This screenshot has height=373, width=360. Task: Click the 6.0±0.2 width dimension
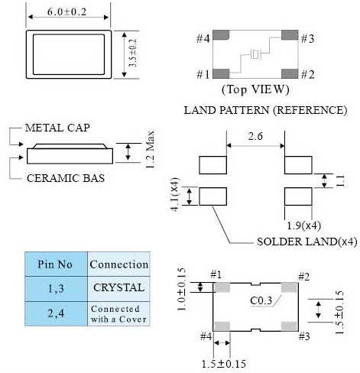click(67, 11)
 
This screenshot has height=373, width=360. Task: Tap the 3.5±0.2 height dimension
click(133, 53)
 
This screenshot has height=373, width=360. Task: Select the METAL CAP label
click(57, 128)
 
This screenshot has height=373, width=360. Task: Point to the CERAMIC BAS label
click(66, 178)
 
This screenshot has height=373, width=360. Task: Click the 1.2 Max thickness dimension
click(150, 149)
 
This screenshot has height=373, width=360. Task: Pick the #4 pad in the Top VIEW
click(221, 35)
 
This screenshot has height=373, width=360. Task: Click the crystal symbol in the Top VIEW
click(255, 54)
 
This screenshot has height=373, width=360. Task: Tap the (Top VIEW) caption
click(255, 89)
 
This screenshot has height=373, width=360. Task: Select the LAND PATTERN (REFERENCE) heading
click(265, 110)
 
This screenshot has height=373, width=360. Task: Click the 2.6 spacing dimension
click(255, 137)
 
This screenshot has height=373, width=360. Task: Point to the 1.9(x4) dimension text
click(303, 225)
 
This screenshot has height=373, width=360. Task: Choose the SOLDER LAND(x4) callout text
click(307, 242)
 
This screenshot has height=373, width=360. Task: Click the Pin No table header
click(55, 264)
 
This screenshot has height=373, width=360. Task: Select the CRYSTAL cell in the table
click(119, 288)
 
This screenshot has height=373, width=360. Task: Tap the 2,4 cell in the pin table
click(56, 313)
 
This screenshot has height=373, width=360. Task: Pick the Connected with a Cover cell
click(118, 314)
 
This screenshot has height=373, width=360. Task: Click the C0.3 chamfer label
click(261, 300)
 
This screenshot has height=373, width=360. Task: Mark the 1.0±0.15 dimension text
click(181, 289)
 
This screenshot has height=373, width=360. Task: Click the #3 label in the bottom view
click(304, 336)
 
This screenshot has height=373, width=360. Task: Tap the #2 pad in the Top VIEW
click(290, 73)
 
